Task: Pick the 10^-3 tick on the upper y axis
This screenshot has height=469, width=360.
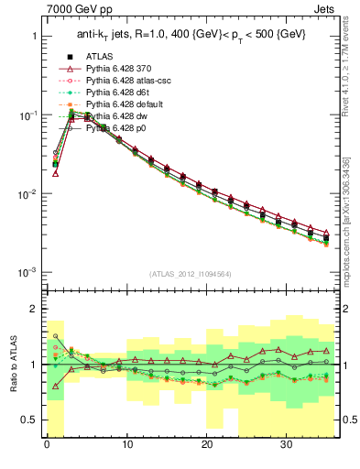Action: coord(27,273)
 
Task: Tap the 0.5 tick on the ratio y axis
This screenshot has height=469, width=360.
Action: coord(29,420)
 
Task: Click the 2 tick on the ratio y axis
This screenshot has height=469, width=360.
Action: coord(34,309)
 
